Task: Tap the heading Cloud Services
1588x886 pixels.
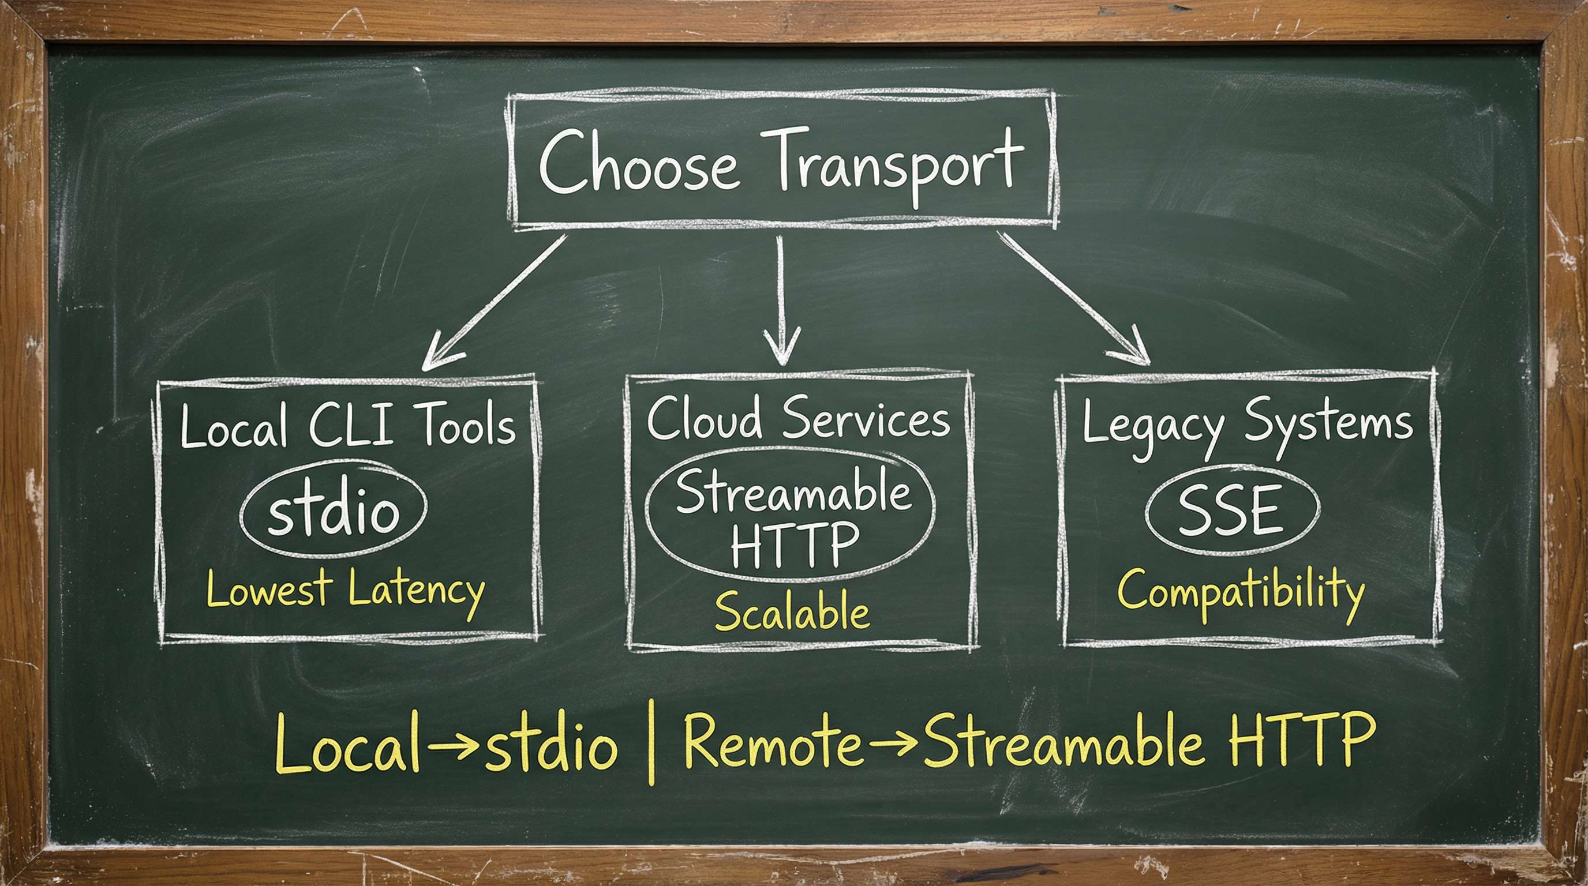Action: tap(797, 418)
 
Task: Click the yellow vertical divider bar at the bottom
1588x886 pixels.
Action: tap(652, 743)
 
